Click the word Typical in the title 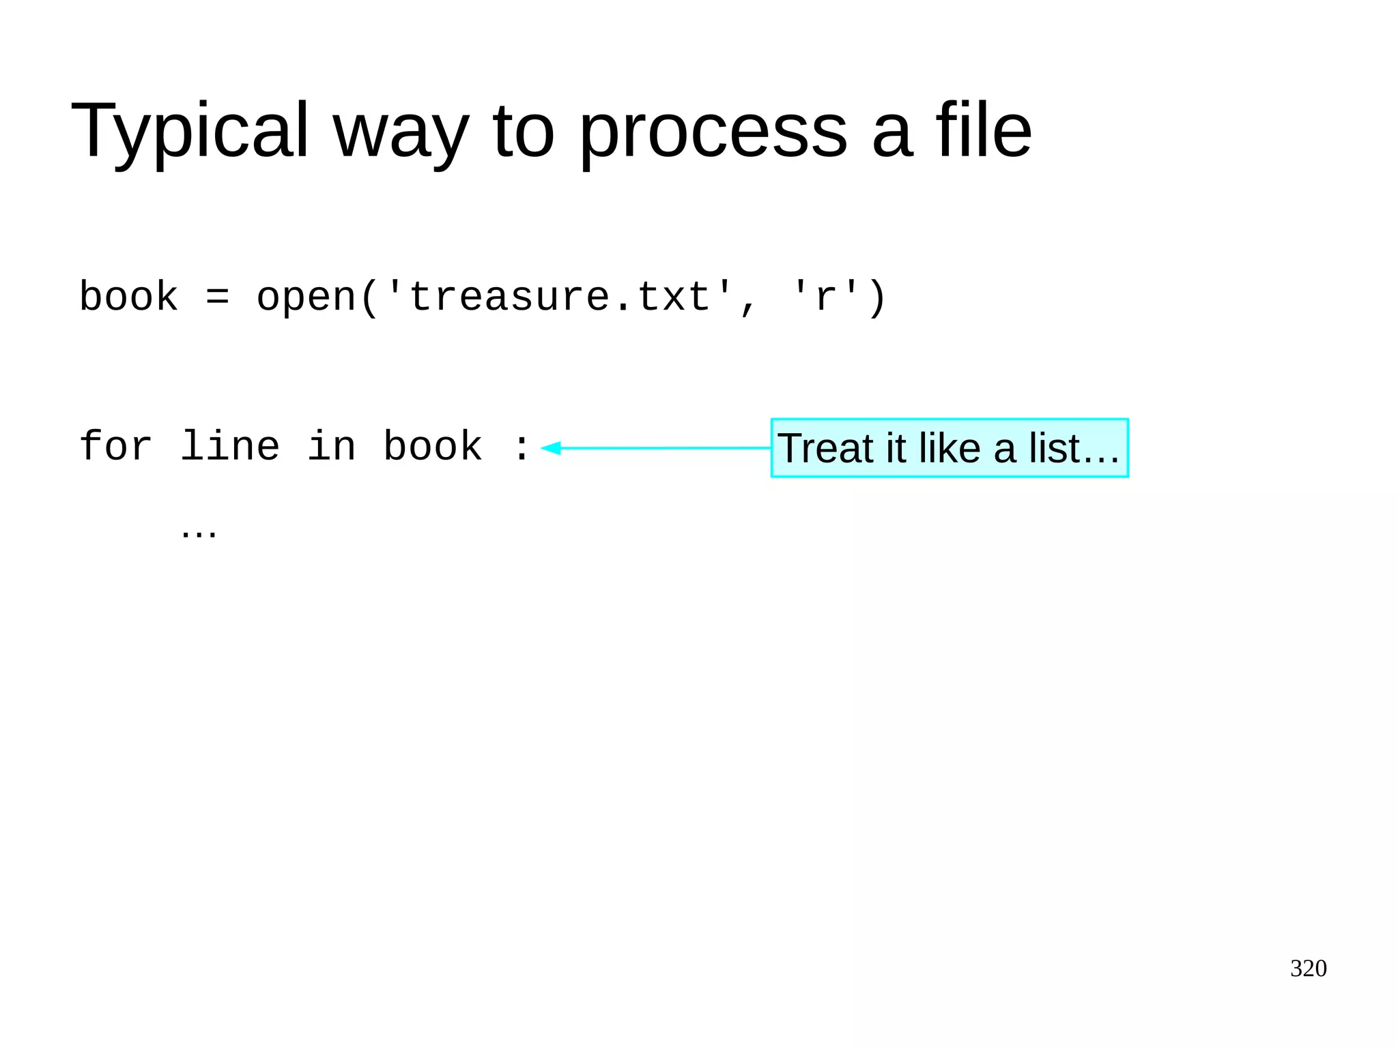[190, 131]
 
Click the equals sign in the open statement [218, 297]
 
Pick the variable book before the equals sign [128, 297]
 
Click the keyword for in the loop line [115, 447]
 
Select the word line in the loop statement [230, 447]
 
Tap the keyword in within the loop [332, 447]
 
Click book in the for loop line [433, 447]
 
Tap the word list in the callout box [1055, 448]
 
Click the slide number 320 [1308, 968]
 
